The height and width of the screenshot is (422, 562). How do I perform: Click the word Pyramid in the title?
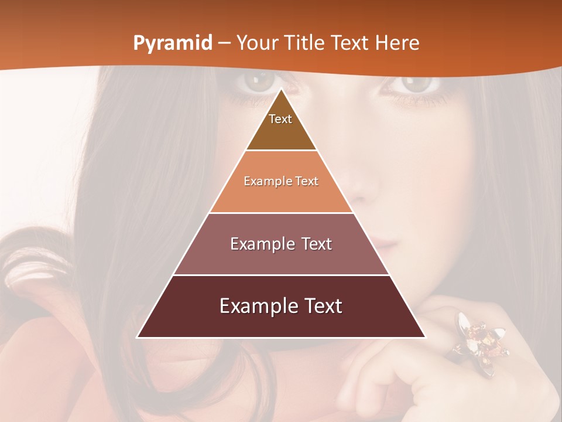tap(172, 43)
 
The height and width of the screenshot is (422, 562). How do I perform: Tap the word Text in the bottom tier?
tap(323, 306)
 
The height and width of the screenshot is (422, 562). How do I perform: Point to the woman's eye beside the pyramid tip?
tap(255, 83)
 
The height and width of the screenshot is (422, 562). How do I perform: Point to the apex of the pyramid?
tap(281, 89)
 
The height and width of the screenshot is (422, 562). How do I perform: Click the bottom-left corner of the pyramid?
tap(137, 337)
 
